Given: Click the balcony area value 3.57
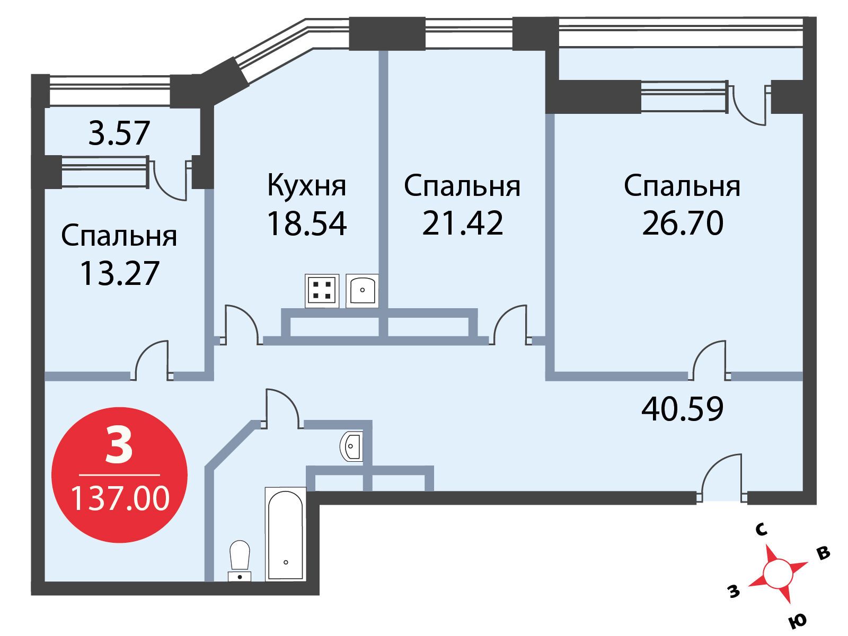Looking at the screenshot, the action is click(x=119, y=133).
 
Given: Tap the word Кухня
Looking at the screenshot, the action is click(x=307, y=186).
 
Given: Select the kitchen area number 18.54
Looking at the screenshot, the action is click(x=307, y=223).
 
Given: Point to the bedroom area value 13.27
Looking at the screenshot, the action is click(x=119, y=273).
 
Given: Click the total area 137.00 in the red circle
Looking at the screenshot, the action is click(x=120, y=498).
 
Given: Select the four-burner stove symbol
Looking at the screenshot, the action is click(x=322, y=291).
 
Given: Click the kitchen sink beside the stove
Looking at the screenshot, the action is click(x=362, y=291).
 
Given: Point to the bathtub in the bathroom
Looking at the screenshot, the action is click(x=286, y=534).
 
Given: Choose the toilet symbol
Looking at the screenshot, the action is click(x=240, y=561).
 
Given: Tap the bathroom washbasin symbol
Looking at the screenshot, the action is click(x=351, y=446).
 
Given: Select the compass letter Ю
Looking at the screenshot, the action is click(x=797, y=621).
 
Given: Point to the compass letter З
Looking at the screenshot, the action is click(x=734, y=591).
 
